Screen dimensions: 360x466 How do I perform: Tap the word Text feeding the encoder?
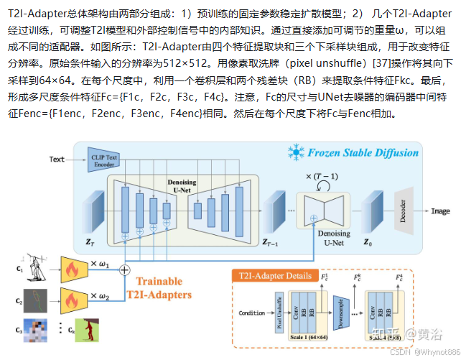pos(57,159)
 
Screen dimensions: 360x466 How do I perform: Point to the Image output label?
pos(440,211)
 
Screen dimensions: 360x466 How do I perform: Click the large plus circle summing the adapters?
pos(125,270)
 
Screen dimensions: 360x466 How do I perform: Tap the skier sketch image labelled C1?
pos(35,267)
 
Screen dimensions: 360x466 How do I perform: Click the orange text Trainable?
pos(159,281)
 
